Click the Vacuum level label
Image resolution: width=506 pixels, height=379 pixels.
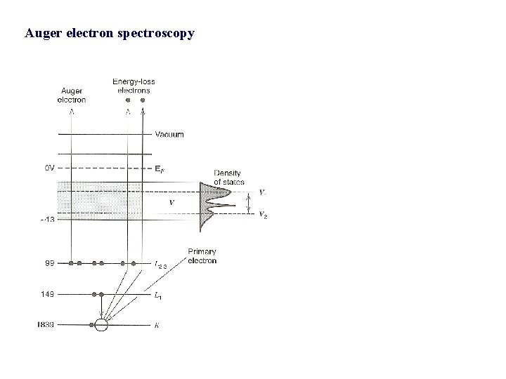click(x=169, y=134)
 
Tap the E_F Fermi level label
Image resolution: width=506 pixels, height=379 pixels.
click(x=161, y=168)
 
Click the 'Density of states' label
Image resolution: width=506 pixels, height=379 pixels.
click(x=229, y=177)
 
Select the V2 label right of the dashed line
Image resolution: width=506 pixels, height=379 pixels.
click(x=263, y=215)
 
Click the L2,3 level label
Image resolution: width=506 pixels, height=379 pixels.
click(x=162, y=265)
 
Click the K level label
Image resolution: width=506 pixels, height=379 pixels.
click(x=157, y=325)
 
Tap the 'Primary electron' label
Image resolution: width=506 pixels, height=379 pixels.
click(x=202, y=255)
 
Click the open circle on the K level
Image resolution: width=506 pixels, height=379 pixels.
click(x=101, y=325)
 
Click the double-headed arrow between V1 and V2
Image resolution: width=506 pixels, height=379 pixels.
click(x=249, y=202)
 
